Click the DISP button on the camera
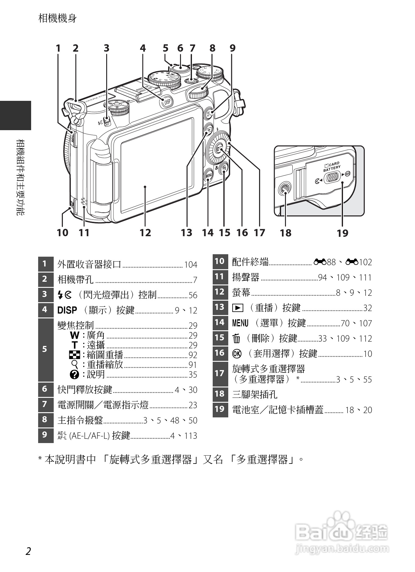coord(167,102)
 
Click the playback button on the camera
coord(209,130)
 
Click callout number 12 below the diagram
coord(145,233)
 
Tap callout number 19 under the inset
coord(342,233)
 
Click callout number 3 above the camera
coord(106,48)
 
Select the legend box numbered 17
coord(220,373)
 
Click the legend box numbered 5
coord(45,349)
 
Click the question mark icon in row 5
coord(74,375)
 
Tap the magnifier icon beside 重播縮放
coord(74,364)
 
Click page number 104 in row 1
coord(191,265)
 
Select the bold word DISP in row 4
coord(67,310)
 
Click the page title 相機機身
coord(58,18)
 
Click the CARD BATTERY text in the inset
coord(331,167)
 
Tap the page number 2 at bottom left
coord(28,551)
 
